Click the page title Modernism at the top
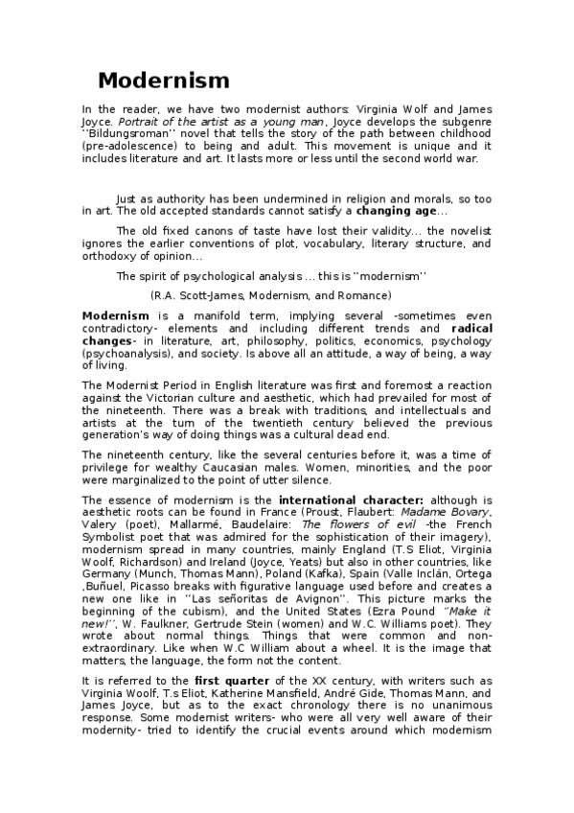click(163, 80)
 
